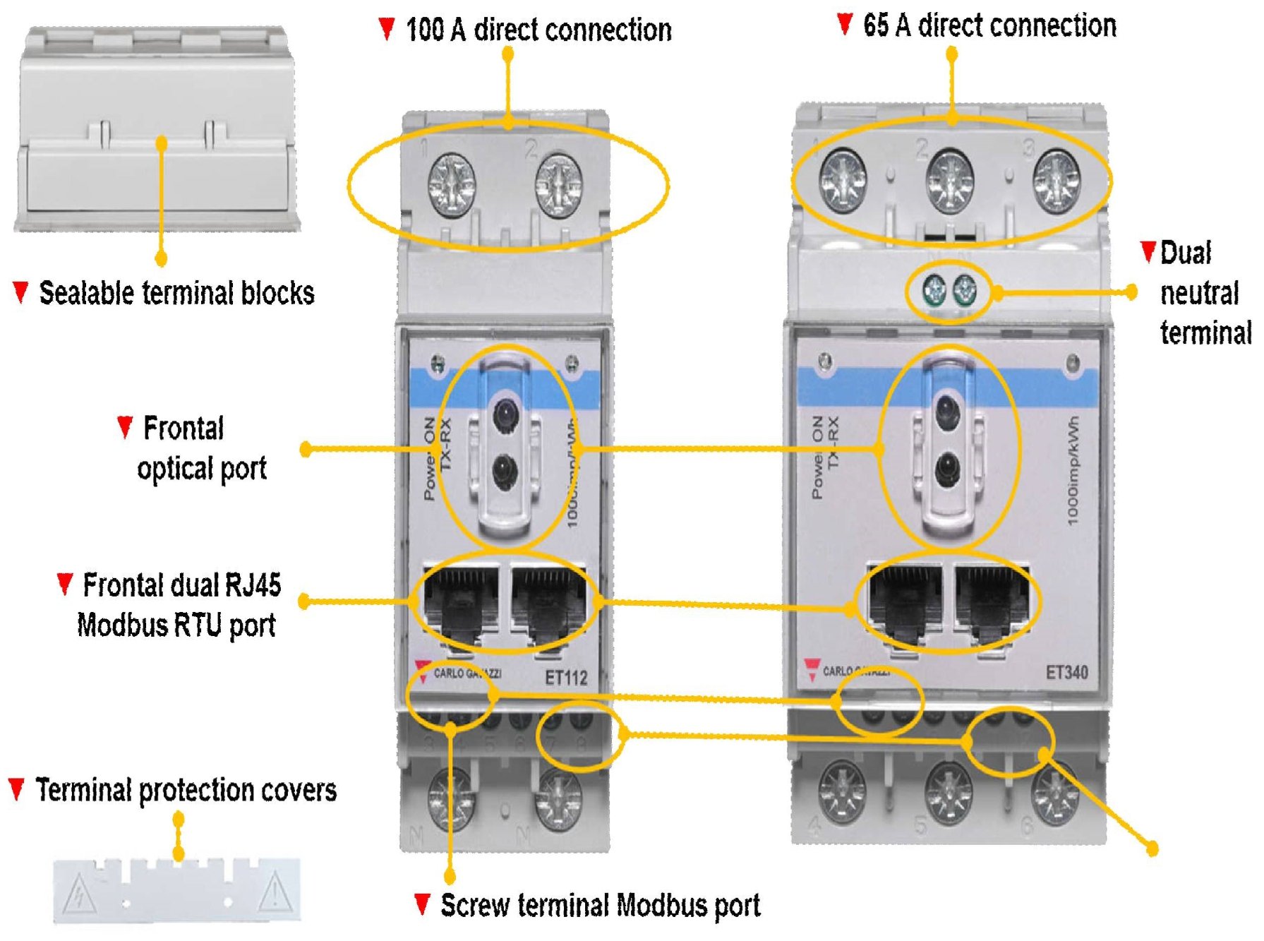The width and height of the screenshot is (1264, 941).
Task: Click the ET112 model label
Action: click(x=566, y=678)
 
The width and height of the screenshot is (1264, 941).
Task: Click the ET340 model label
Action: click(x=1066, y=672)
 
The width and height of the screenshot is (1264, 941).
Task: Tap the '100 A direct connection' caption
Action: click(x=538, y=30)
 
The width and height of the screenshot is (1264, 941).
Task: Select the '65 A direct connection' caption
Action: click(x=989, y=25)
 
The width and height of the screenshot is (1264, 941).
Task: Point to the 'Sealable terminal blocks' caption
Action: click(x=176, y=293)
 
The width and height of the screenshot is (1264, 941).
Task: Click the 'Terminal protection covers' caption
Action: click(x=186, y=790)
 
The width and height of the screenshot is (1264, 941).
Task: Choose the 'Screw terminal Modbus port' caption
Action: click(x=600, y=905)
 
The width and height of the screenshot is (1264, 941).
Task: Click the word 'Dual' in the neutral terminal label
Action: click(x=1186, y=253)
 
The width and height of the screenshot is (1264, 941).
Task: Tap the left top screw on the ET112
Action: click(x=452, y=186)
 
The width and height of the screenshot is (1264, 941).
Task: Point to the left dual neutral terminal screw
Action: click(x=934, y=289)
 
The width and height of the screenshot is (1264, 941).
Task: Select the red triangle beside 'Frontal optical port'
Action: click(x=125, y=426)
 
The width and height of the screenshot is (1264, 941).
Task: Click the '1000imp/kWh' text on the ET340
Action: click(x=1073, y=471)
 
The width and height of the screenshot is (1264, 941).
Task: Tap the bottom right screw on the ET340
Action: click(x=1055, y=794)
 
